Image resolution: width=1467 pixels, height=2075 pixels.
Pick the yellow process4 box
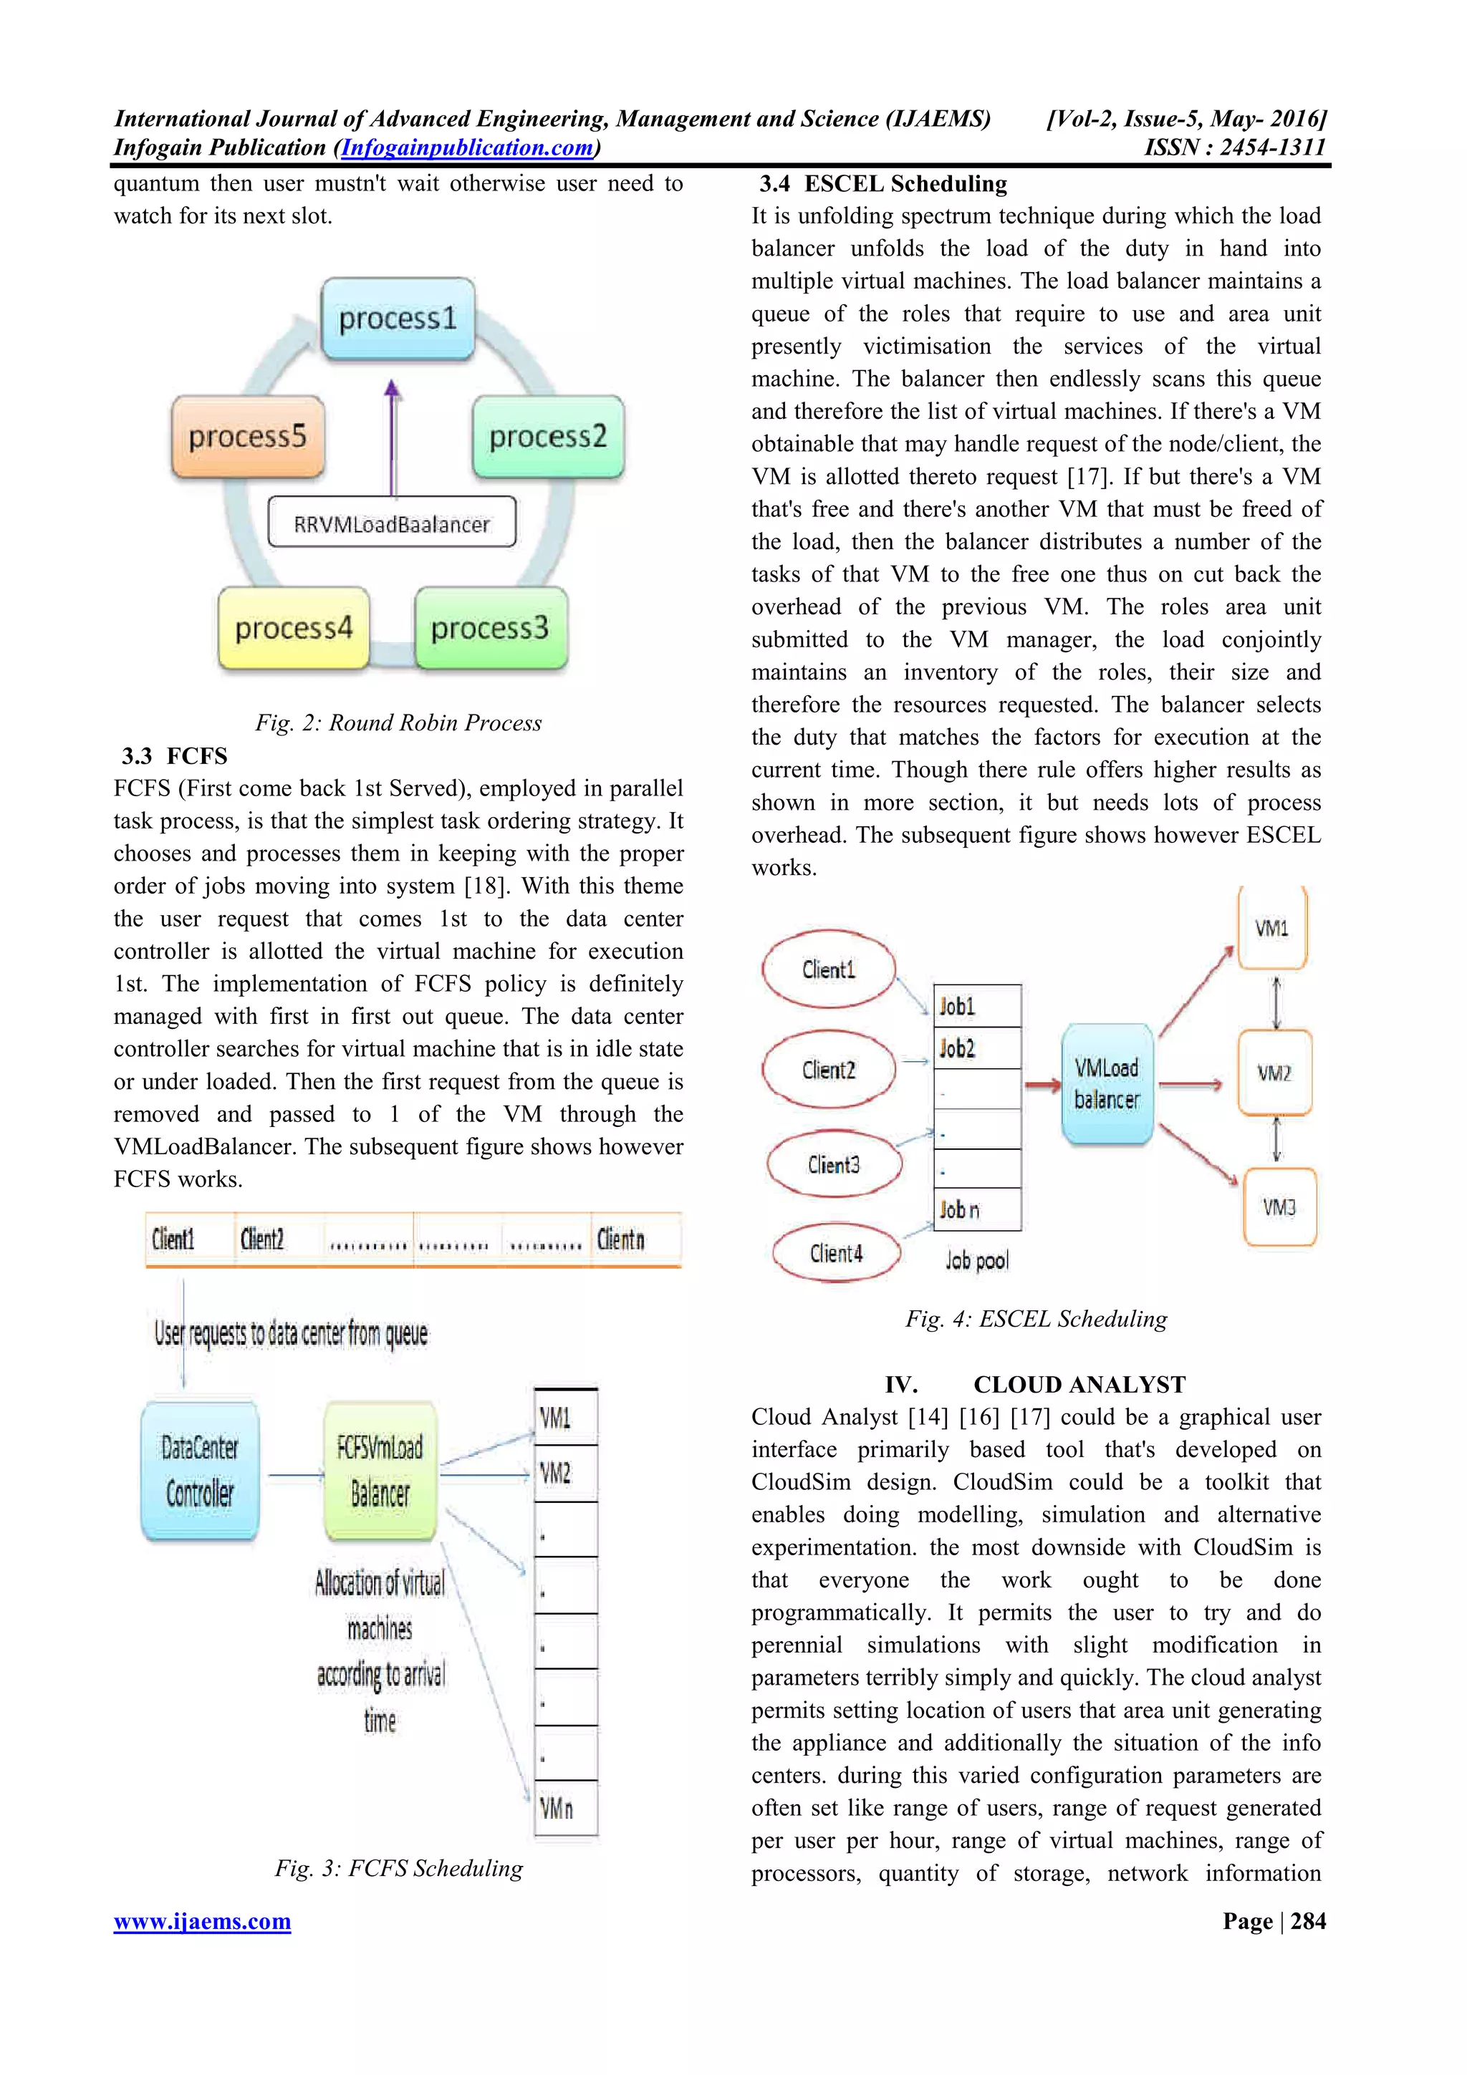click(294, 628)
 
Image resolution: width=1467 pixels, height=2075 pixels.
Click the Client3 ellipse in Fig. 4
click(833, 1165)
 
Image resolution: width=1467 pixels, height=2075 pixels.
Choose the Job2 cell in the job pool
click(976, 1048)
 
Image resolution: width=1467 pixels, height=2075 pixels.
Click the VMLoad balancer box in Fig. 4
click(1107, 1083)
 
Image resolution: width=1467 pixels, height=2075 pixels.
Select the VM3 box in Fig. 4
click(1279, 1207)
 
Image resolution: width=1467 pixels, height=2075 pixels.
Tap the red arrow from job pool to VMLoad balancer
click(1042, 1085)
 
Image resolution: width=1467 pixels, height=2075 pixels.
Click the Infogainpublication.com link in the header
click(467, 147)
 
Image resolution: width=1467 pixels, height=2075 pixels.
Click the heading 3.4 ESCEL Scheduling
click(883, 184)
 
